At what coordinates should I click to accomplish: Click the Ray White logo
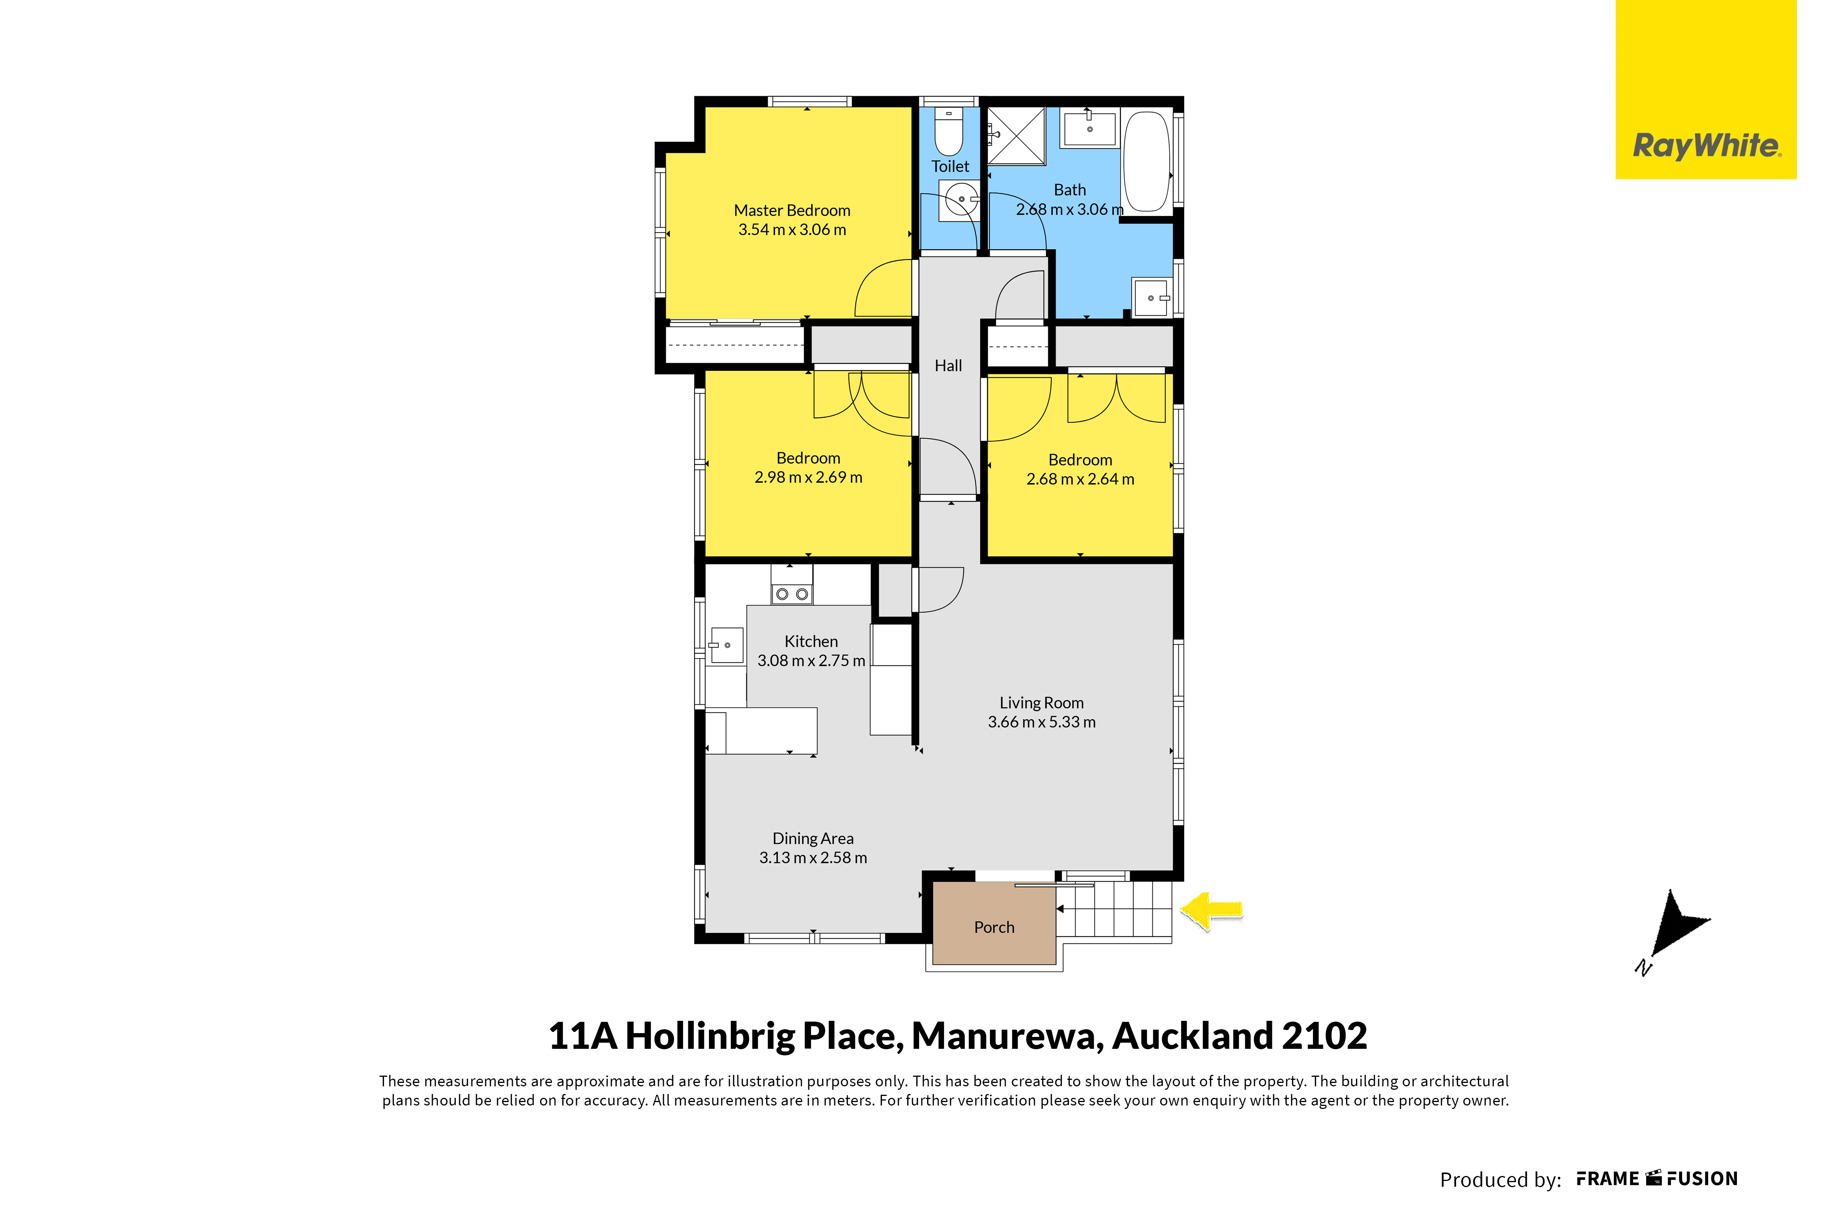coord(1706,89)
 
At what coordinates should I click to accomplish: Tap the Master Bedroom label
coord(792,210)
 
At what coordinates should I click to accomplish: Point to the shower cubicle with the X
coord(1016,136)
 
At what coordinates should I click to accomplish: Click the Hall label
coord(948,365)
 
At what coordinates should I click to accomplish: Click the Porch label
coord(994,927)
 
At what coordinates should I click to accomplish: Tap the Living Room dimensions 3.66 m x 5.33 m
coord(1041,722)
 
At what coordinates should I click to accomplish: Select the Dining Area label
coord(813,839)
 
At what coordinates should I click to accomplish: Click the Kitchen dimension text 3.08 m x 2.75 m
coord(811,660)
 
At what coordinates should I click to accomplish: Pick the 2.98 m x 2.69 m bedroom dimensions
coord(808,477)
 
